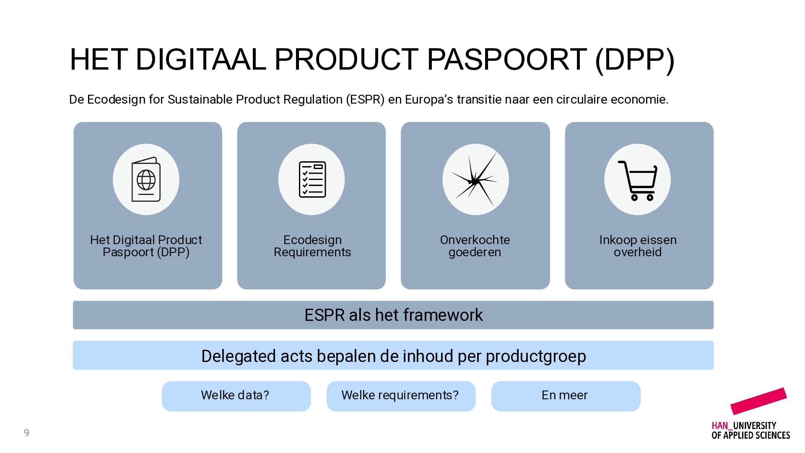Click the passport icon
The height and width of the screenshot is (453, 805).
[x=146, y=180]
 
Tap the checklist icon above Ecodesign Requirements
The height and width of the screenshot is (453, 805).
[x=312, y=180]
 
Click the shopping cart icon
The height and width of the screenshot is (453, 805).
[x=637, y=180]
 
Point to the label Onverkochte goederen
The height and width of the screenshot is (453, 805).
[x=475, y=246]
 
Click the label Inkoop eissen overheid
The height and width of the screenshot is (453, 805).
[x=638, y=246]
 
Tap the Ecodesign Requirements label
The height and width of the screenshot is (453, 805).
[x=312, y=246]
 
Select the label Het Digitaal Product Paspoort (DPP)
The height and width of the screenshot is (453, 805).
[x=146, y=246]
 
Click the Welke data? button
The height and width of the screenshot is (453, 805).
[x=236, y=396]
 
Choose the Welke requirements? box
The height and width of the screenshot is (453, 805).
[x=401, y=396]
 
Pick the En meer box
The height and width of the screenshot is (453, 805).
[x=566, y=396]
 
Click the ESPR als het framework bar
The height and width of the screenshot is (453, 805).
[x=393, y=315]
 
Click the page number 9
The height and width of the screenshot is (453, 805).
[x=26, y=432]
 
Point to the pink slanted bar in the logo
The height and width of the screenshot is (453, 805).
[x=758, y=401]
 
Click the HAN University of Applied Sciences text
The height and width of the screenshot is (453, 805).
[x=750, y=430]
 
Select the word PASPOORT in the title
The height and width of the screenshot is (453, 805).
[x=506, y=59]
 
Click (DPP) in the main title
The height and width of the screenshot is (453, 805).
[x=635, y=60]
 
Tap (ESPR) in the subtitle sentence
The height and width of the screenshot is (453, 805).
[x=365, y=100]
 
